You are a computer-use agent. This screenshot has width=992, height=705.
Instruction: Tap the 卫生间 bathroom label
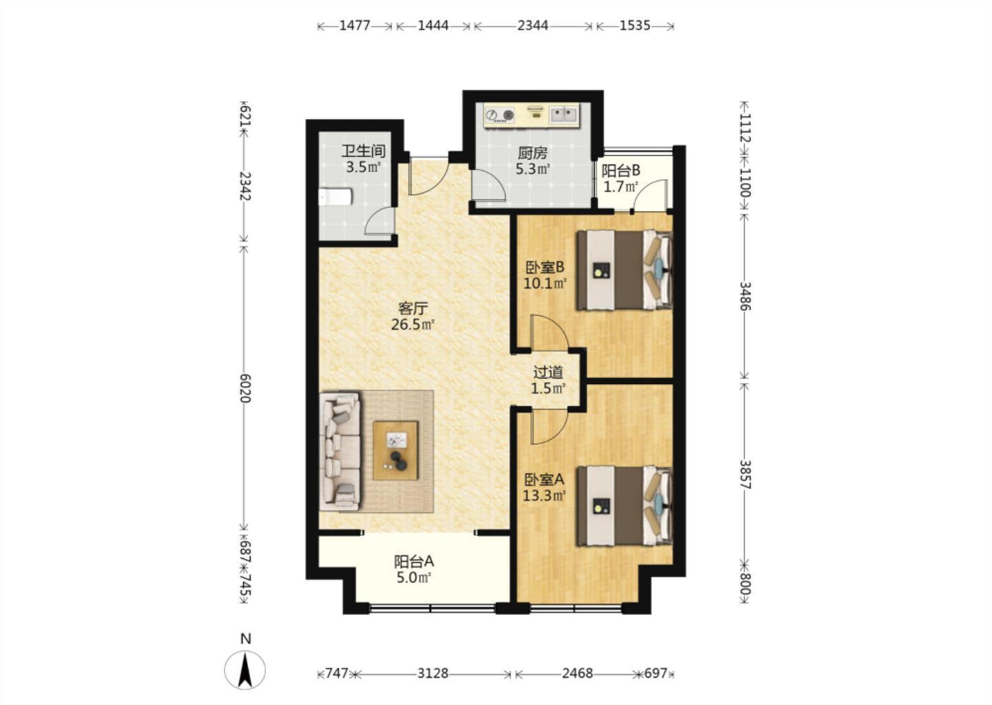[364, 151]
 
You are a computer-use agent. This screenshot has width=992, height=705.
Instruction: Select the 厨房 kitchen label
[533, 153]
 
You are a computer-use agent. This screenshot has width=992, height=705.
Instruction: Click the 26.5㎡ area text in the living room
[412, 325]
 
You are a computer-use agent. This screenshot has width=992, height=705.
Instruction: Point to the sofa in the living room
[340, 451]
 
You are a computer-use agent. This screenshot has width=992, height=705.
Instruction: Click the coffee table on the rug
[395, 450]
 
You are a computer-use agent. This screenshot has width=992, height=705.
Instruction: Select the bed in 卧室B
[624, 269]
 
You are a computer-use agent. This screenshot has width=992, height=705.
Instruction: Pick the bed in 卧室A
[624, 505]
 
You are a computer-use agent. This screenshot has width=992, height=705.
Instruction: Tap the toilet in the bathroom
[335, 197]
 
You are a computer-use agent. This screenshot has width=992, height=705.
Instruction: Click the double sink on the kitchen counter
[564, 115]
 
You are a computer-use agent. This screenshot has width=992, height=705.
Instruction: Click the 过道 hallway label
[548, 372]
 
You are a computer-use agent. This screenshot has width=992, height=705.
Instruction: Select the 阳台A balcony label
[413, 562]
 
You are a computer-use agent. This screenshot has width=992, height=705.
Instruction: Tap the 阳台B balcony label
[621, 170]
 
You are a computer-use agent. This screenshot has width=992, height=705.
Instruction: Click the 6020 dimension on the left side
[245, 388]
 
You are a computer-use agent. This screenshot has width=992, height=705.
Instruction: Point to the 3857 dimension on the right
[745, 474]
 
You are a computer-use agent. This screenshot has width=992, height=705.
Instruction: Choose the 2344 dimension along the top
[533, 25]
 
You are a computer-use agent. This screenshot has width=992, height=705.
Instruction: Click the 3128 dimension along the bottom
[433, 673]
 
